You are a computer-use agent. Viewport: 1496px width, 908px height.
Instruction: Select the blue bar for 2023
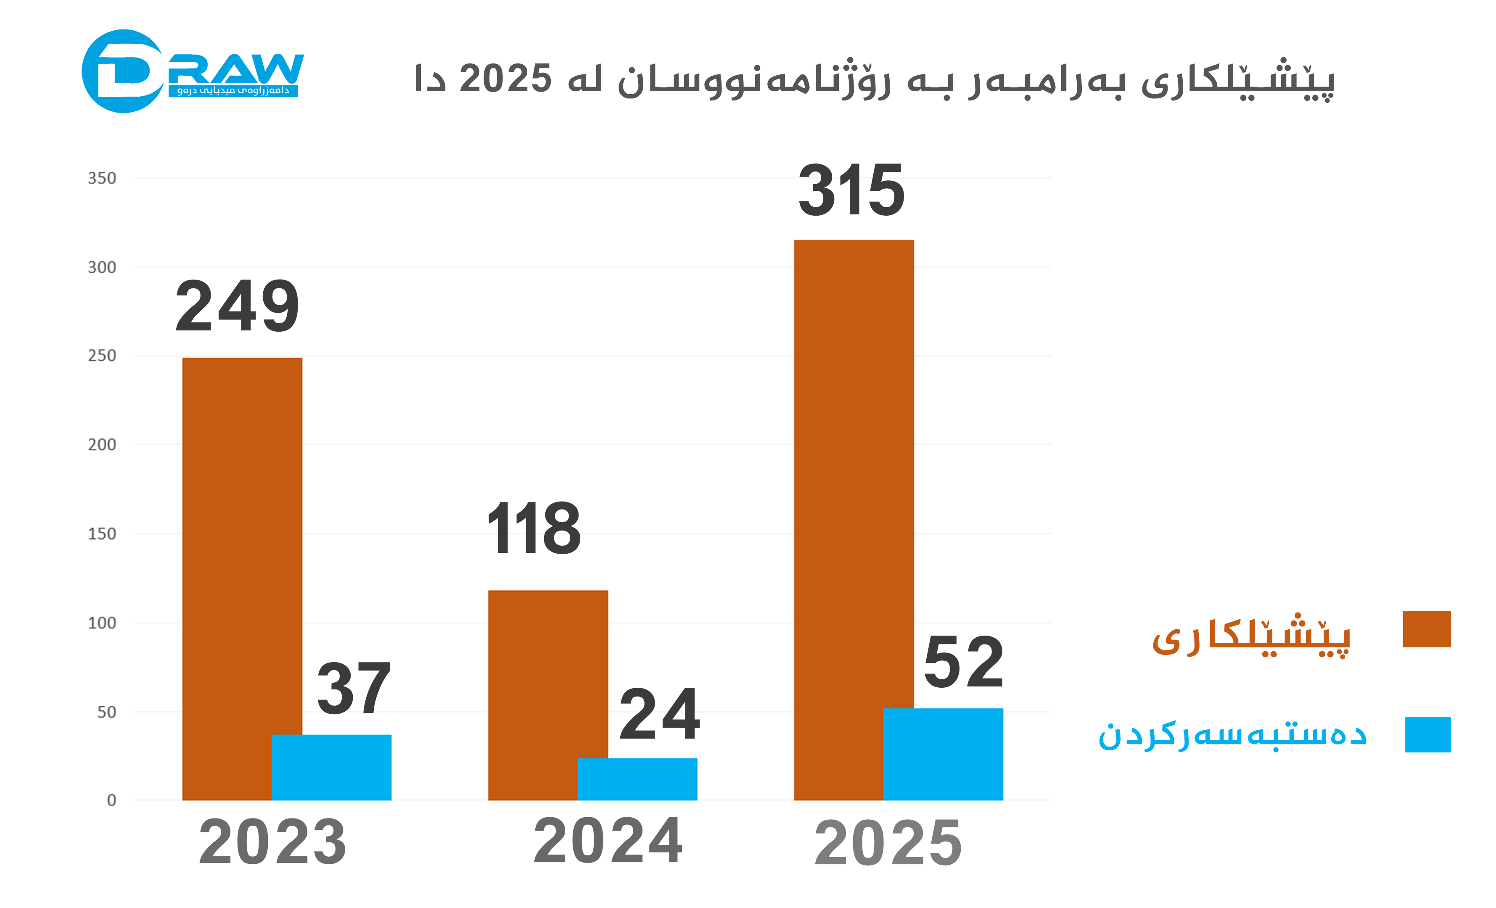tap(331, 767)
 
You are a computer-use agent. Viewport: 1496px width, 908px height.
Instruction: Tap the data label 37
tap(354, 689)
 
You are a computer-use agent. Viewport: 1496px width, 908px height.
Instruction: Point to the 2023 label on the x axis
tap(272, 842)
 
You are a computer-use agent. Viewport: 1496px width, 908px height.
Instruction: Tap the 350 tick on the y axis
tap(102, 178)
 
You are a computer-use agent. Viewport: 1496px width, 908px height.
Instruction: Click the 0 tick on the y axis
tap(112, 800)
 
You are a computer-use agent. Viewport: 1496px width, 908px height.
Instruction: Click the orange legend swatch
tap(1426, 629)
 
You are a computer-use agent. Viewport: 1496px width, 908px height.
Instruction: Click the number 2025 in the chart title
tap(505, 79)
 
